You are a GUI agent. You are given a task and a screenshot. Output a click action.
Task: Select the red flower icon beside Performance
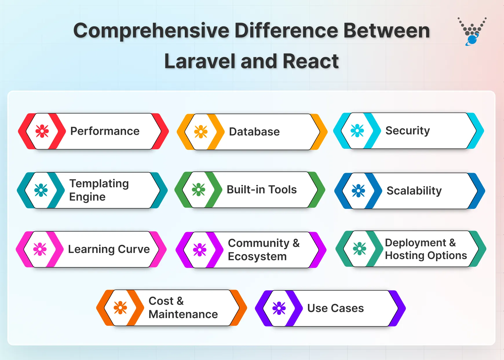click(x=42, y=131)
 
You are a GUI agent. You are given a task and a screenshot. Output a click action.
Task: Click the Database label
click(x=254, y=132)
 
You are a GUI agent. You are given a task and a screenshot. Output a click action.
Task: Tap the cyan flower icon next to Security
click(x=357, y=131)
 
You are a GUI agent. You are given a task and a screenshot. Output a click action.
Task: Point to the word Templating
click(x=99, y=183)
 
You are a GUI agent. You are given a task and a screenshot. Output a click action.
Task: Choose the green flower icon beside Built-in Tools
click(x=198, y=190)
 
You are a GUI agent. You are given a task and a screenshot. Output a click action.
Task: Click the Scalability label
click(x=414, y=191)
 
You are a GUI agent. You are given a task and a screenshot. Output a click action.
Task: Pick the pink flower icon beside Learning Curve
click(x=40, y=249)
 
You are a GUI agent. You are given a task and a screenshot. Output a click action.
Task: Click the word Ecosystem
click(x=257, y=256)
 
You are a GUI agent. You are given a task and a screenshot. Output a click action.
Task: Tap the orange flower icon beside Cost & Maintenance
click(x=120, y=308)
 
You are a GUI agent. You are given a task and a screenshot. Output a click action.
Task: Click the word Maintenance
click(x=183, y=314)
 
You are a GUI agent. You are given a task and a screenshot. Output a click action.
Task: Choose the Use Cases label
click(x=335, y=308)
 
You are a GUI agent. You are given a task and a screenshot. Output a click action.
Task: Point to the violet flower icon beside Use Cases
click(x=279, y=308)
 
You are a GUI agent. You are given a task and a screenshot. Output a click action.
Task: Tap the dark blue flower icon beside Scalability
click(x=358, y=191)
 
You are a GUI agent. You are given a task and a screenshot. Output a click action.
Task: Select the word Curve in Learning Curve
click(x=134, y=249)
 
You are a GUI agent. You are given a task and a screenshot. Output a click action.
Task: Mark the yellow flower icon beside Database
click(x=201, y=132)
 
